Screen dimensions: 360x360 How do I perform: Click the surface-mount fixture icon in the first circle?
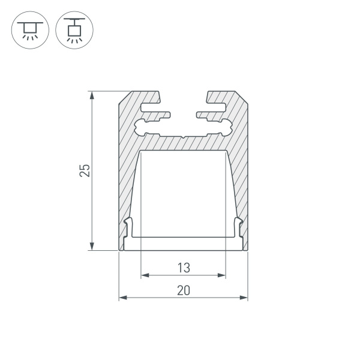click(28, 28)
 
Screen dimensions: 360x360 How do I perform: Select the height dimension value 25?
click(85, 171)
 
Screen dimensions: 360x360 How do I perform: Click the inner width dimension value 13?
click(183, 266)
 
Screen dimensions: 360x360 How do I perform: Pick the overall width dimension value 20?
click(183, 290)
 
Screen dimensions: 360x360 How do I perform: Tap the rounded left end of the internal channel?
click(140, 127)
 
